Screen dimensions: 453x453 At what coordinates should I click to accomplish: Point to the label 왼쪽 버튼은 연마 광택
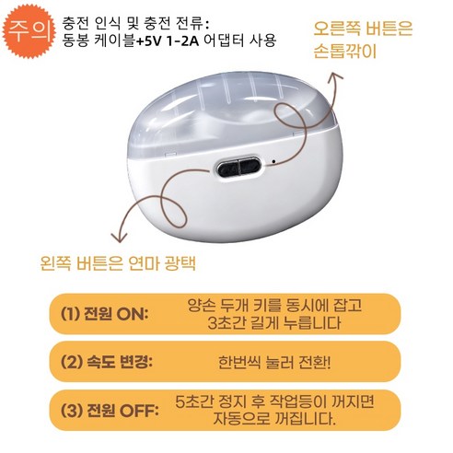click(119, 264)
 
